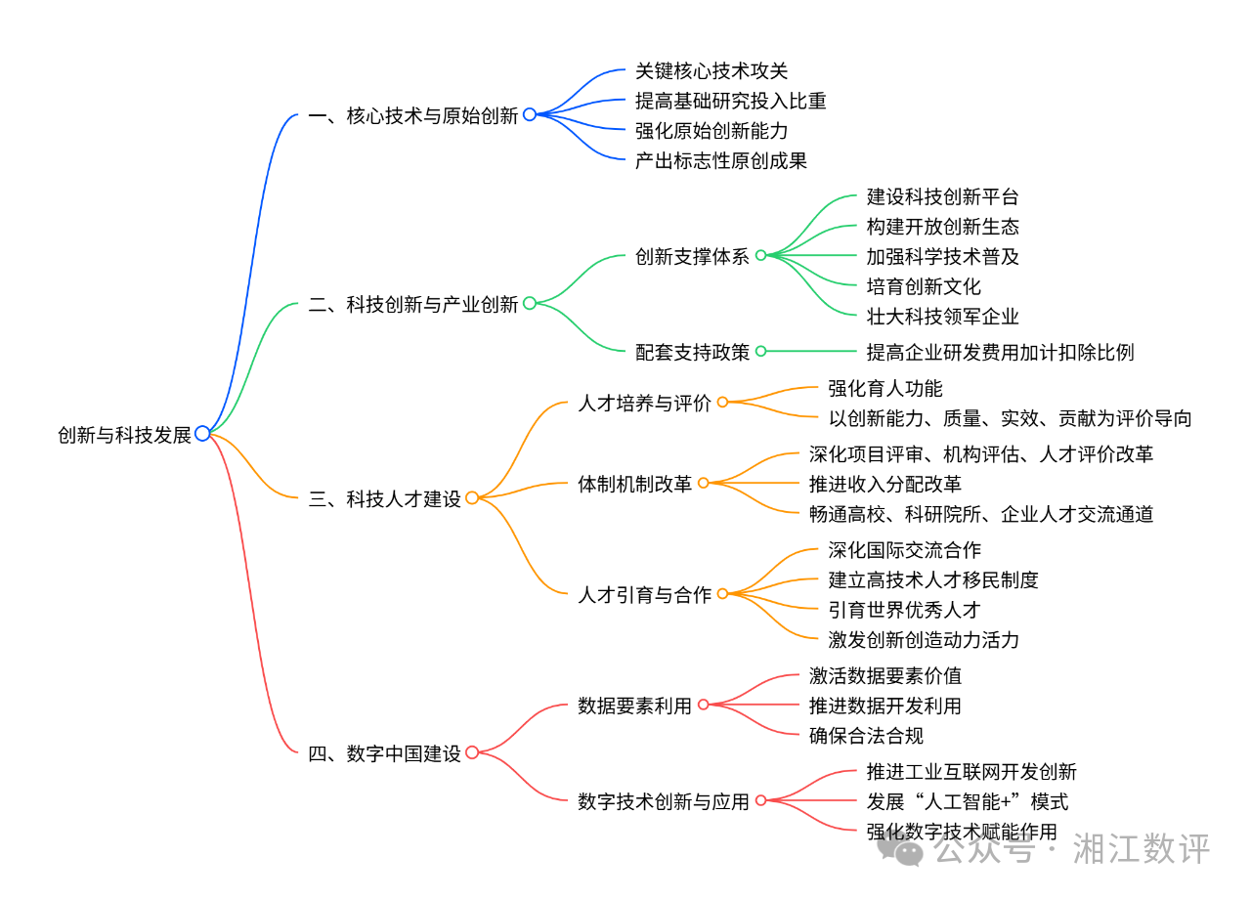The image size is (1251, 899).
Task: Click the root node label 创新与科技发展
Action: pyautogui.click(x=124, y=435)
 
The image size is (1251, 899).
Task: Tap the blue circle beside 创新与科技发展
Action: pyautogui.click(x=202, y=433)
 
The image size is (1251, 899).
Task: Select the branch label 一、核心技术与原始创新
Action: pyautogui.click(x=412, y=115)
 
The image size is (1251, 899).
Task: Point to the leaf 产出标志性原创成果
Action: pyautogui.click(x=721, y=160)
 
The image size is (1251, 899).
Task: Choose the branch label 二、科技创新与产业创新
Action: pyautogui.click(x=412, y=304)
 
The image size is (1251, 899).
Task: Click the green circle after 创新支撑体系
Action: pyautogui.click(x=760, y=256)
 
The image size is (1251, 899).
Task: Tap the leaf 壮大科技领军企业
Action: pyautogui.click(x=943, y=316)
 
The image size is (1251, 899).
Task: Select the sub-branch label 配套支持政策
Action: pyautogui.click(x=693, y=352)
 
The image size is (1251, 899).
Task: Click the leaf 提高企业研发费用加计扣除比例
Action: pyautogui.click(x=1000, y=352)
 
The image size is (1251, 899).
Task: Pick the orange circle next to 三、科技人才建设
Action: pyautogui.click(x=472, y=497)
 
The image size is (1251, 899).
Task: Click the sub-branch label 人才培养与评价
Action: pyautogui.click(x=645, y=403)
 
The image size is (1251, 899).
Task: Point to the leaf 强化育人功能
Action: pyautogui.click(x=885, y=388)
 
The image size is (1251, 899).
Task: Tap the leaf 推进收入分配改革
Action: pyautogui.click(x=885, y=484)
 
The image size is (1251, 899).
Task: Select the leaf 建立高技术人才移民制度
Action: pyautogui.click(x=933, y=579)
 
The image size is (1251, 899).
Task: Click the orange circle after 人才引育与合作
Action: pyautogui.click(x=722, y=593)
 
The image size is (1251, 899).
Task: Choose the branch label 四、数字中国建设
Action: pyautogui.click(x=384, y=753)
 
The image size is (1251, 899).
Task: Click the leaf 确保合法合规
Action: pyautogui.click(x=866, y=735)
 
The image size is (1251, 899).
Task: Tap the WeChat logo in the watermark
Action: pyautogui.click(x=900, y=848)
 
